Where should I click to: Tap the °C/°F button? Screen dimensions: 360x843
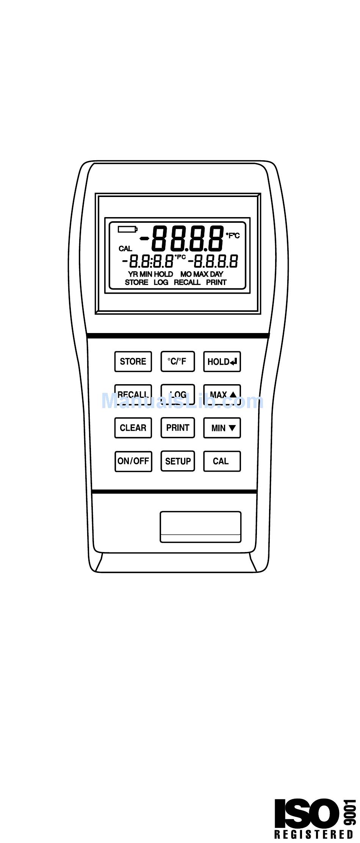click(177, 361)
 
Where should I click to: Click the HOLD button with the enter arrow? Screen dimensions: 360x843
click(222, 361)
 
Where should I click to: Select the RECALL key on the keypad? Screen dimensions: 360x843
click(133, 394)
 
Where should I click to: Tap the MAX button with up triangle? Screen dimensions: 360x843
click(222, 395)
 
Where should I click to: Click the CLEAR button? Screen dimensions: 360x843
click(133, 428)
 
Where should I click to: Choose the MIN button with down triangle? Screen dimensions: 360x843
click(222, 428)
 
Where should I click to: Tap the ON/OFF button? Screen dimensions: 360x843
click(133, 461)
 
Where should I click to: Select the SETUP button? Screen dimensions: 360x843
click(178, 461)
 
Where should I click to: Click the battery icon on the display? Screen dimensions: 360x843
click(127, 229)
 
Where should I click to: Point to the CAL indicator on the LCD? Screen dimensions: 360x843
click(125, 249)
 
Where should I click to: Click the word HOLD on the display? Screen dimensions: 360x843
click(163, 274)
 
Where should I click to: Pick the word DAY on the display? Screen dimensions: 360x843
click(217, 274)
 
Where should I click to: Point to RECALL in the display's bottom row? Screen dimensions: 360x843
click(187, 282)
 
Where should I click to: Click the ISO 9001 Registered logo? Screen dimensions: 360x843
click(314, 819)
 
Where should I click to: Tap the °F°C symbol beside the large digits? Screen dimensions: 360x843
click(233, 236)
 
